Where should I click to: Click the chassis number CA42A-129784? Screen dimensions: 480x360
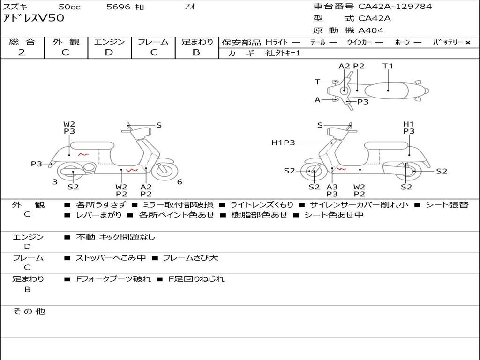(x=395, y=7)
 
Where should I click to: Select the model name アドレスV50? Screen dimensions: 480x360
(x=33, y=18)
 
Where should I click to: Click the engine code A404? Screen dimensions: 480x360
(x=371, y=30)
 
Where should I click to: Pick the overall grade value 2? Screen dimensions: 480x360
(x=22, y=52)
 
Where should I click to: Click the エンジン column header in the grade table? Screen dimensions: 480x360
(x=109, y=42)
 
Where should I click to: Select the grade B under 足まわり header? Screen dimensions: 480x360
(x=196, y=52)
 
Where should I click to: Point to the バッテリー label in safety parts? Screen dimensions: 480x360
(x=448, y=42)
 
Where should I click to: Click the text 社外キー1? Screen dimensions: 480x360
(x=283, y=53)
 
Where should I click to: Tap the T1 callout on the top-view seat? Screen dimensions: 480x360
(x=388, y=66)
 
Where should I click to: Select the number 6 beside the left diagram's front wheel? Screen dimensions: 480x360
(x=180, y=182)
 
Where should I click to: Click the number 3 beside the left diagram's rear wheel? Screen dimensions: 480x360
(x=55, y=182)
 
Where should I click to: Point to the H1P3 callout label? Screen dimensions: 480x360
(x=283, y=142)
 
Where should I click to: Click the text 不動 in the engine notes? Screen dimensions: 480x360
(x=85, y=237)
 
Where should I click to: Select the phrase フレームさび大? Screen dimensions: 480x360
(x=190, y=258)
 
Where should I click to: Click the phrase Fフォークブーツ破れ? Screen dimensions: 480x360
(x=113, y=279)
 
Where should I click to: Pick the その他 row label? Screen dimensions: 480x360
(x=29, y=311)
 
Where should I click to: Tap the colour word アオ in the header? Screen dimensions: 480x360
(x=190, y=7)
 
